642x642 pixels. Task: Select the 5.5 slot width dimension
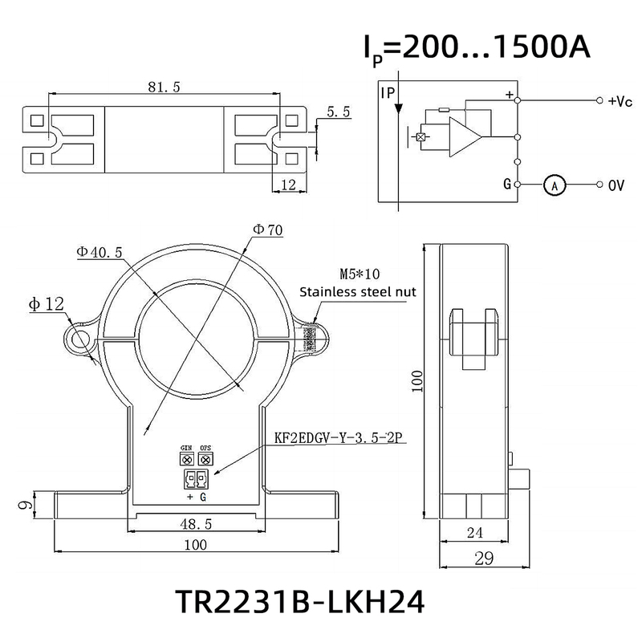pyautogui.click(x=338, y=113)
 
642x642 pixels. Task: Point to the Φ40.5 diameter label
pyautogui.click(x=100, y=252)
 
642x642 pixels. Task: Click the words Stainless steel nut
pyautogui.click(x=357, y=292)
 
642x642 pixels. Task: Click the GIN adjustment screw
pyautogui.click(x=187, y=459)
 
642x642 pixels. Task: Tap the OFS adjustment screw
pyautogui.click(x=205, y=459)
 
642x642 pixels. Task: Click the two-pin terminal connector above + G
pyautogui.click(x=196, y=480)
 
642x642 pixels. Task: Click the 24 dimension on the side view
pyautogui.click(x=476, y=531)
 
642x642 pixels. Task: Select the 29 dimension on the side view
pyautogui.click(x=483, y=559)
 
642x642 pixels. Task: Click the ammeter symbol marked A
pyautogui.click(x=554, y=185)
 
